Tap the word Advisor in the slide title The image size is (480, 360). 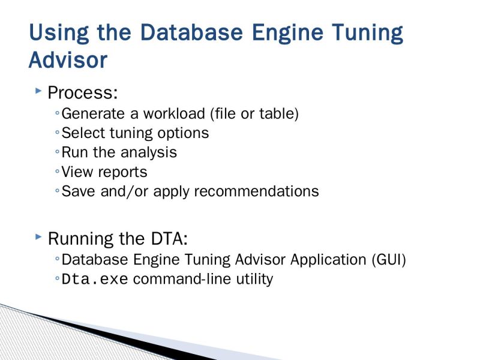[68, 60]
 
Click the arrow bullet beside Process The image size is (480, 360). [38, 91]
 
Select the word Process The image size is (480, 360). [82, 94]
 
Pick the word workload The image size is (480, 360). [163, 113]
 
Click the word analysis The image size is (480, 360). [149, 152]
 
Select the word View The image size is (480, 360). [75, 172]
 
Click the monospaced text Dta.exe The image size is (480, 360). [95, 280]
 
